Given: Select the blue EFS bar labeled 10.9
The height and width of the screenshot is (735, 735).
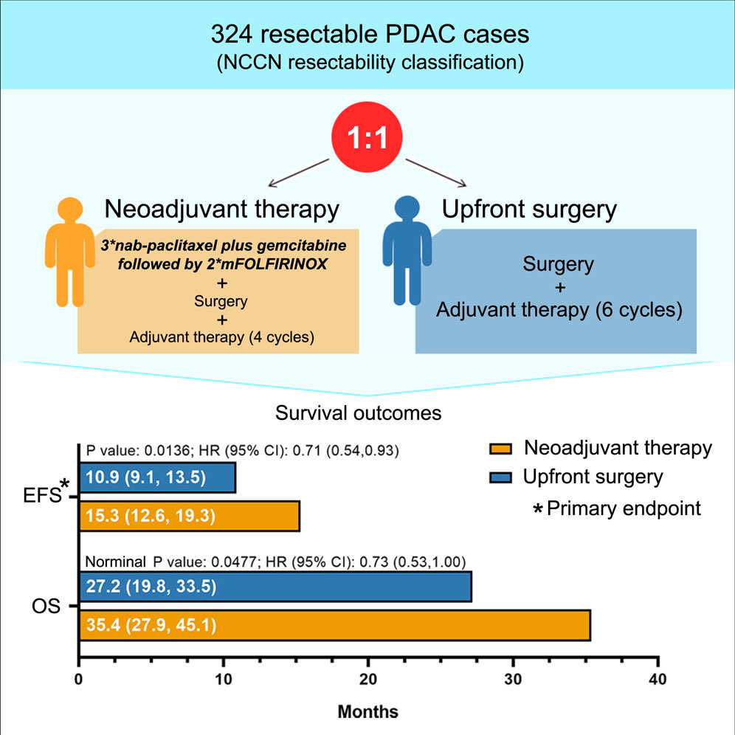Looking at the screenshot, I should pyautogui.click(x=156, y=477).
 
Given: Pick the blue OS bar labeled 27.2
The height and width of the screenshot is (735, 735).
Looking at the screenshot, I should pyautogui.click(x=275, y=587).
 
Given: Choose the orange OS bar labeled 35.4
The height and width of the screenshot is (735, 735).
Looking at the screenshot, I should pyautogui.click(x=334, y=626).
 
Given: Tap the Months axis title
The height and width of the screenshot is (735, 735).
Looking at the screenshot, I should pyautogui.click(x=367, y=712).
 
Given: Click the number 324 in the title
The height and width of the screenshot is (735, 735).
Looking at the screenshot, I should pyautogui.click(x=232, y=35).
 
